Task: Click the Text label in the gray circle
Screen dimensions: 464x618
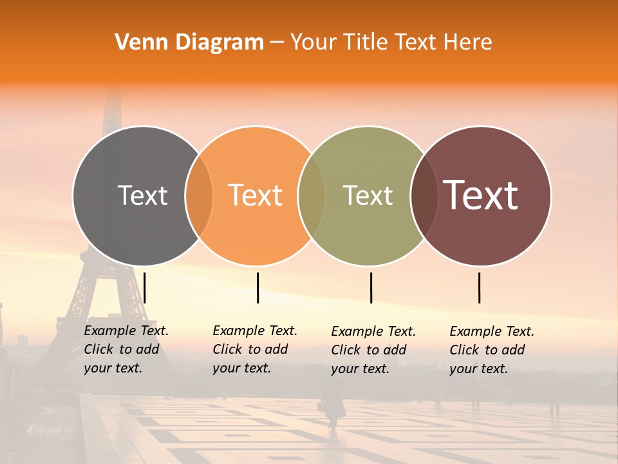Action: (x=142, y=195)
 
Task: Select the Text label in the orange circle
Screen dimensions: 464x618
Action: (x=256, y=195)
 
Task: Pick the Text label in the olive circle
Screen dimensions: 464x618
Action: (x=368, y=195)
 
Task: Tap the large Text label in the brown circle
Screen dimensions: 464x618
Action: (x=481, y=195)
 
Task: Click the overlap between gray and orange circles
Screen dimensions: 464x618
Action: (x=199, y=196)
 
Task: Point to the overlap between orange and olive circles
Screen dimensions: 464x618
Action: (x=312, y=196)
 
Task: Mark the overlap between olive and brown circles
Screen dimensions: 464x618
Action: (x=424, y=196)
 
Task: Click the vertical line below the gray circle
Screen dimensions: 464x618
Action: (x=145, y=287)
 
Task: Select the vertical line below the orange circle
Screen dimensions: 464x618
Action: (x=257, y=287)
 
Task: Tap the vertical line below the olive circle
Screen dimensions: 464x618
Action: (x=371, y=287)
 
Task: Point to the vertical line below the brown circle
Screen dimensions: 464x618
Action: (x=480, y=287)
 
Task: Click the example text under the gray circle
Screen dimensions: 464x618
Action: (x=126, y=349)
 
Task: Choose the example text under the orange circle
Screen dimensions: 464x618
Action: (x=255, y=349)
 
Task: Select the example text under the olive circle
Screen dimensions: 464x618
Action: (x=373, y=350)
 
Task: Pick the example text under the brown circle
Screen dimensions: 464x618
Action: (x=492, y=350)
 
